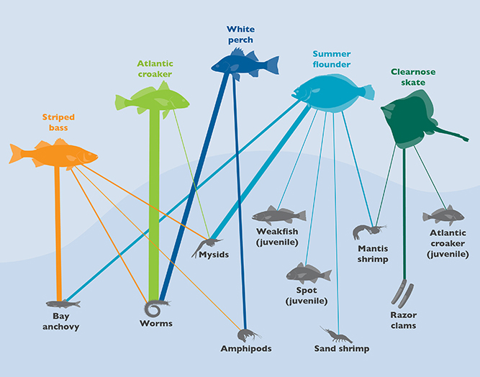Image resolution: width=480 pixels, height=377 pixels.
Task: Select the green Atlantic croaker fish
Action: pos(152,99)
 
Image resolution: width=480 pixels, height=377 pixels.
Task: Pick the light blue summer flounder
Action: pos(332,91)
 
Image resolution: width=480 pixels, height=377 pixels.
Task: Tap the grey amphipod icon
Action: pos(248,335)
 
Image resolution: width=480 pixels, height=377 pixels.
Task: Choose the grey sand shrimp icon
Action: pos(336,335)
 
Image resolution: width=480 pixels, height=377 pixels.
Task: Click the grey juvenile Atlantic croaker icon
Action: pos(443,215)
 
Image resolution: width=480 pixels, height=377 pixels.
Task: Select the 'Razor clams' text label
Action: pos(404,320)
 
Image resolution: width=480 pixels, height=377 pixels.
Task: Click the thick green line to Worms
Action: pos(153,201)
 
